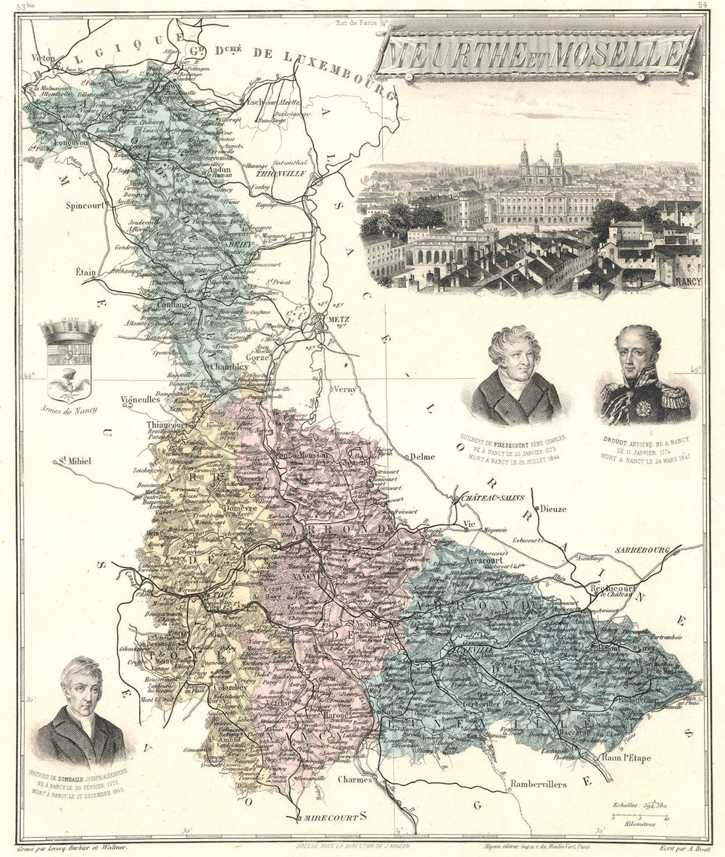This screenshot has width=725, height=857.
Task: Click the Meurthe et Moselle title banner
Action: click(536, 52)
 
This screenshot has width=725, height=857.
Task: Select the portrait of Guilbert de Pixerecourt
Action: click(516, 376)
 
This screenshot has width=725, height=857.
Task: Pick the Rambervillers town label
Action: click(537, 784)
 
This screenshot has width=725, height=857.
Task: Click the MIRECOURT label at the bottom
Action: click(331, 817)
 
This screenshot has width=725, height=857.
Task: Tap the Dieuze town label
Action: click(552, 509)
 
